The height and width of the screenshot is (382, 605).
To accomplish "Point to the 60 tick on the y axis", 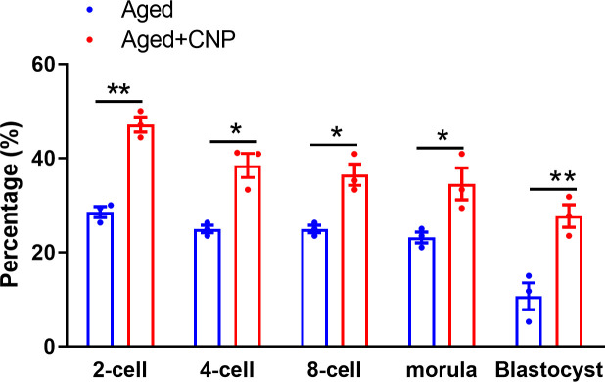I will point(41,65).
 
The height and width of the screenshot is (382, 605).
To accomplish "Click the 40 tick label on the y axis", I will point(41,159).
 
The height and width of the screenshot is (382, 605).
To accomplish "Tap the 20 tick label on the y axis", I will point(41,253).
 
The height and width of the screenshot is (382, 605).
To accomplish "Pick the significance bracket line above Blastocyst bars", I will point(552,188).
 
